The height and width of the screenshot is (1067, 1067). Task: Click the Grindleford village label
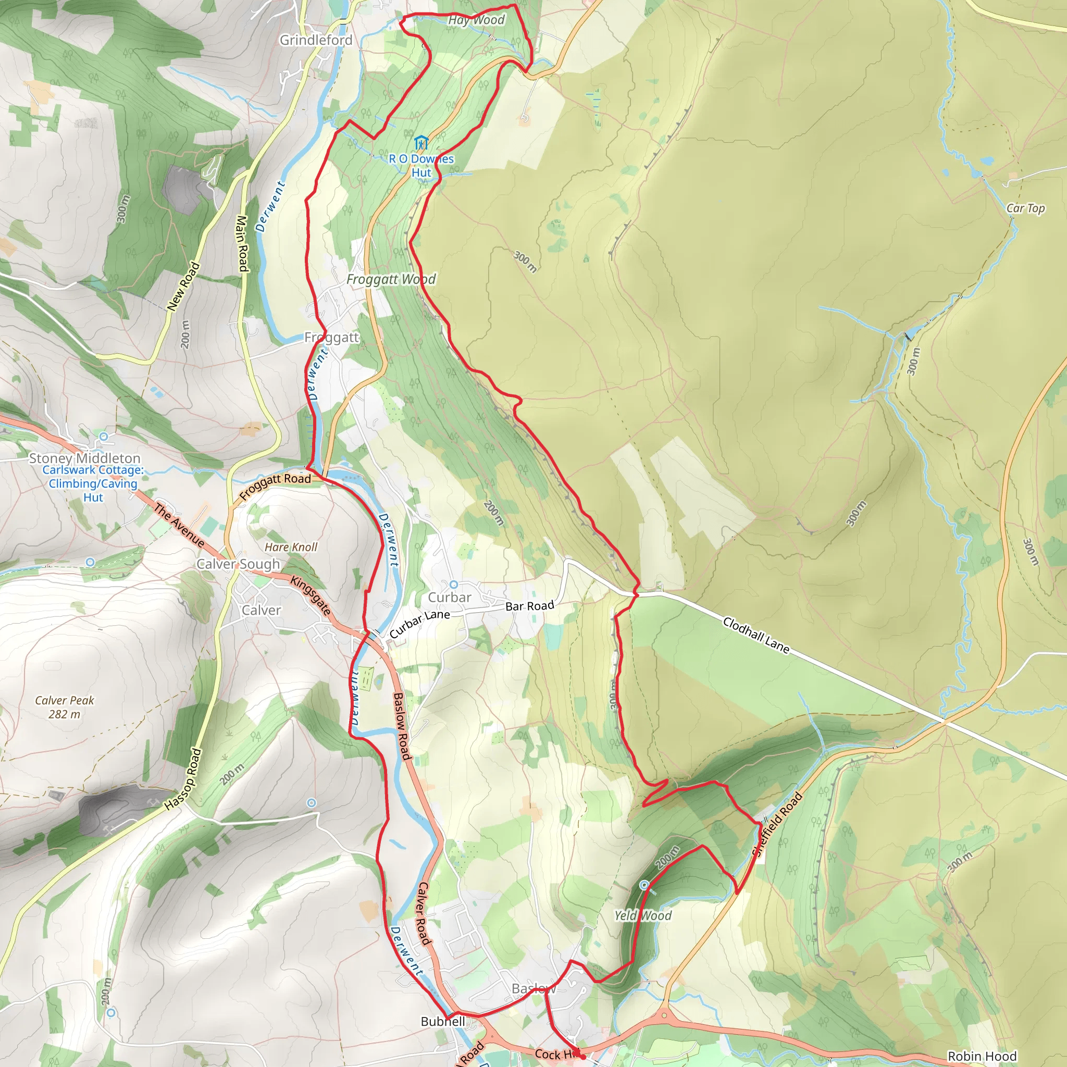click(316, 40)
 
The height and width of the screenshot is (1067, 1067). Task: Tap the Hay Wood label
click(476, 20)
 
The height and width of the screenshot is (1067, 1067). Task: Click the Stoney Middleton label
click(84, 458)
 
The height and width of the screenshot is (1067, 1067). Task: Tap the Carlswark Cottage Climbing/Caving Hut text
click(93, 483)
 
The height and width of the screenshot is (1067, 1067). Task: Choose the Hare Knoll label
click(291, 548)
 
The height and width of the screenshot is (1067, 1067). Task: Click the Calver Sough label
click(238, 564)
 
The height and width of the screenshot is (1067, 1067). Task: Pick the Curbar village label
click(450, 598)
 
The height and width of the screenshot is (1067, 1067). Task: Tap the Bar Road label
click(530, 606)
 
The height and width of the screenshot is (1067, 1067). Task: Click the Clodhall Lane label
click(756, 635)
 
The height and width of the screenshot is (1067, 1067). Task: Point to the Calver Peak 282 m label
click(65, 707)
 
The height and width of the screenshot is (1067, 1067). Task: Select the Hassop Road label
click(183, 779)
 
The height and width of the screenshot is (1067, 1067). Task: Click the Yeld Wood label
click(643, 916)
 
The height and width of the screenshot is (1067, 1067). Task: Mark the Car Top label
click(1025, 208)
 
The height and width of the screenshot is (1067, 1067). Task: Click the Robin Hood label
click(982, 1056)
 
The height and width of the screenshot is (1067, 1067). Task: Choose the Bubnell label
click(442, 1022)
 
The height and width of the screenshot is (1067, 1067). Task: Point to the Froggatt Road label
click(275, 486)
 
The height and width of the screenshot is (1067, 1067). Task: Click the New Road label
click(183, 286)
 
